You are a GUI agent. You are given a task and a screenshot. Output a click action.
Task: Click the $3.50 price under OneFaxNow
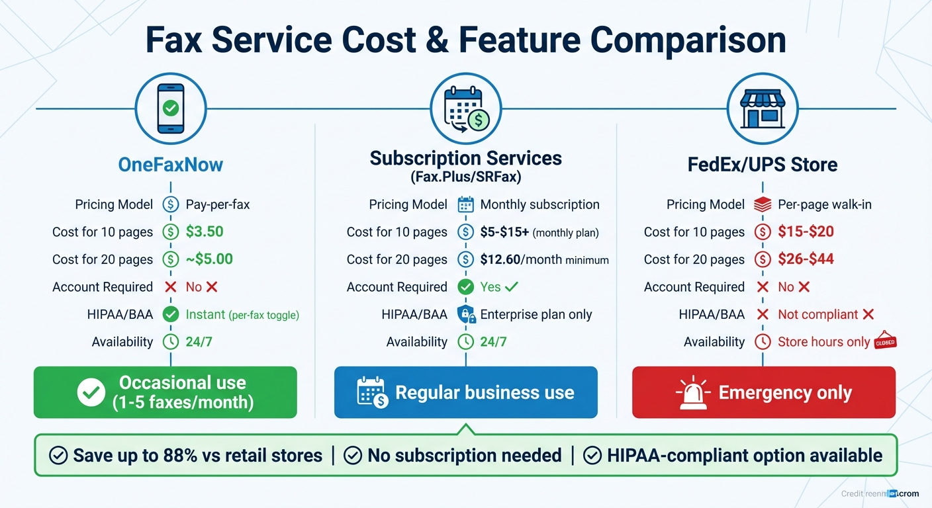click(x=205, y=232)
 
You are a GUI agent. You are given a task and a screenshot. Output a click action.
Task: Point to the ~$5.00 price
click(x=209, y=259)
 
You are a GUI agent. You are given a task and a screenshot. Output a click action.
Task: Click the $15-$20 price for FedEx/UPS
click(x=806, y=232)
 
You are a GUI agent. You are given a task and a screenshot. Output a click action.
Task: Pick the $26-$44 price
click(x=806, y=259)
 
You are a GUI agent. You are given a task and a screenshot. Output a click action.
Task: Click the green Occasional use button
click(x=165, y=392)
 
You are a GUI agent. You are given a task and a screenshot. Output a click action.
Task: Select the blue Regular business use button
click(x=465, y=392)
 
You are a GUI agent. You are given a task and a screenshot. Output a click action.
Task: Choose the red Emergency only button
click(x=763, y=392)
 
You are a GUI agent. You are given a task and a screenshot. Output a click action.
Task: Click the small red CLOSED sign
click(x=885, y=341)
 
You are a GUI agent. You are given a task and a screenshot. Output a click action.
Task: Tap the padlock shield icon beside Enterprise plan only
click(x=466, y=314)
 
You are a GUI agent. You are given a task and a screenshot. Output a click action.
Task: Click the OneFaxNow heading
click(x=170, y=164)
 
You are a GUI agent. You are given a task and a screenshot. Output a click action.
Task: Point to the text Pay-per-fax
click(x=218, y=204)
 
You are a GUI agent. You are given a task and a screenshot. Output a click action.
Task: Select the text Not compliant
click(x=817, y=314)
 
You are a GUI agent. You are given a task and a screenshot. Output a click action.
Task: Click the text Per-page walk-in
click(x=824, y=204)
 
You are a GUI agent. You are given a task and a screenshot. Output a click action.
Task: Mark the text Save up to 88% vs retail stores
click(x=197, y=455)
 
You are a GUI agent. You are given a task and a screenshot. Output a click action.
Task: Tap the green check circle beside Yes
click(x=466, y=287)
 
